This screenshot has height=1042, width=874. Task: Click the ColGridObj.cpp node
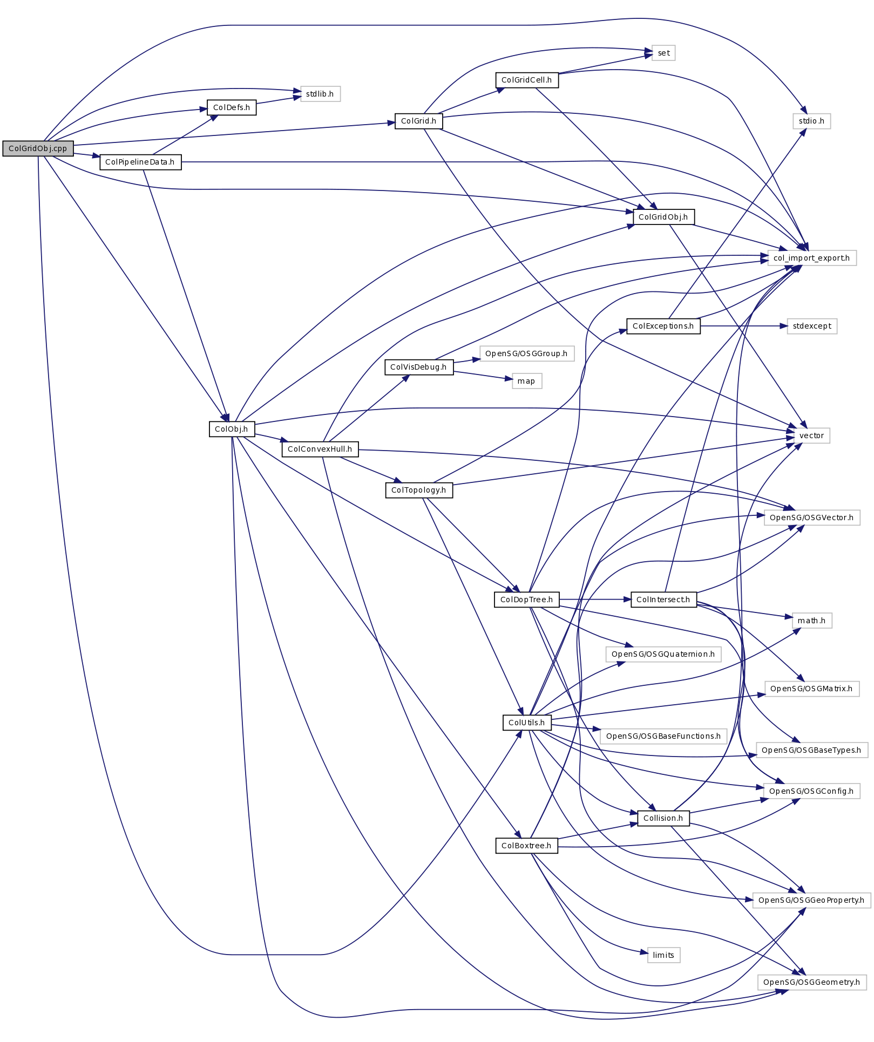(38, 148)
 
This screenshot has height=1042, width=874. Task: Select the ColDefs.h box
(232, 107)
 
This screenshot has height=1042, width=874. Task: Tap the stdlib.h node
(320, 94)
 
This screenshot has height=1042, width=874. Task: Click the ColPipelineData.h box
(140, 162)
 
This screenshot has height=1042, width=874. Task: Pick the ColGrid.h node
(418, 121)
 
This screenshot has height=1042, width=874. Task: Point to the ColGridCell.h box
(526, 80)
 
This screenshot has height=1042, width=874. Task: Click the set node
(663, 53)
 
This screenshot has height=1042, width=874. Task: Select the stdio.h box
(811, 121)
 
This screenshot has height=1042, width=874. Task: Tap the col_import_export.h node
(811, 258)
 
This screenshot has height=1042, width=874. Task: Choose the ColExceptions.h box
(663, 326)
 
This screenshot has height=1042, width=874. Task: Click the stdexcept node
(812, 326)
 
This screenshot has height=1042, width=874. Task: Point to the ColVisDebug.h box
(418, 367)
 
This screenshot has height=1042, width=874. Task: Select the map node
(526, 381)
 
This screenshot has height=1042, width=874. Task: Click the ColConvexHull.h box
(320, 449)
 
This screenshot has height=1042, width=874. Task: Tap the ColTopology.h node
(418, 490)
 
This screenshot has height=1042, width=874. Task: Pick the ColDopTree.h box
(526, 600)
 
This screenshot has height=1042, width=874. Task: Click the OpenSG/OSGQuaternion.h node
(663, 654)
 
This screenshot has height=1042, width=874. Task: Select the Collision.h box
(663, 818)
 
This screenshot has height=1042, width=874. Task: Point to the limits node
(663, 955)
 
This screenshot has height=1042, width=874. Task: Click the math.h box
(811, 621)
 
